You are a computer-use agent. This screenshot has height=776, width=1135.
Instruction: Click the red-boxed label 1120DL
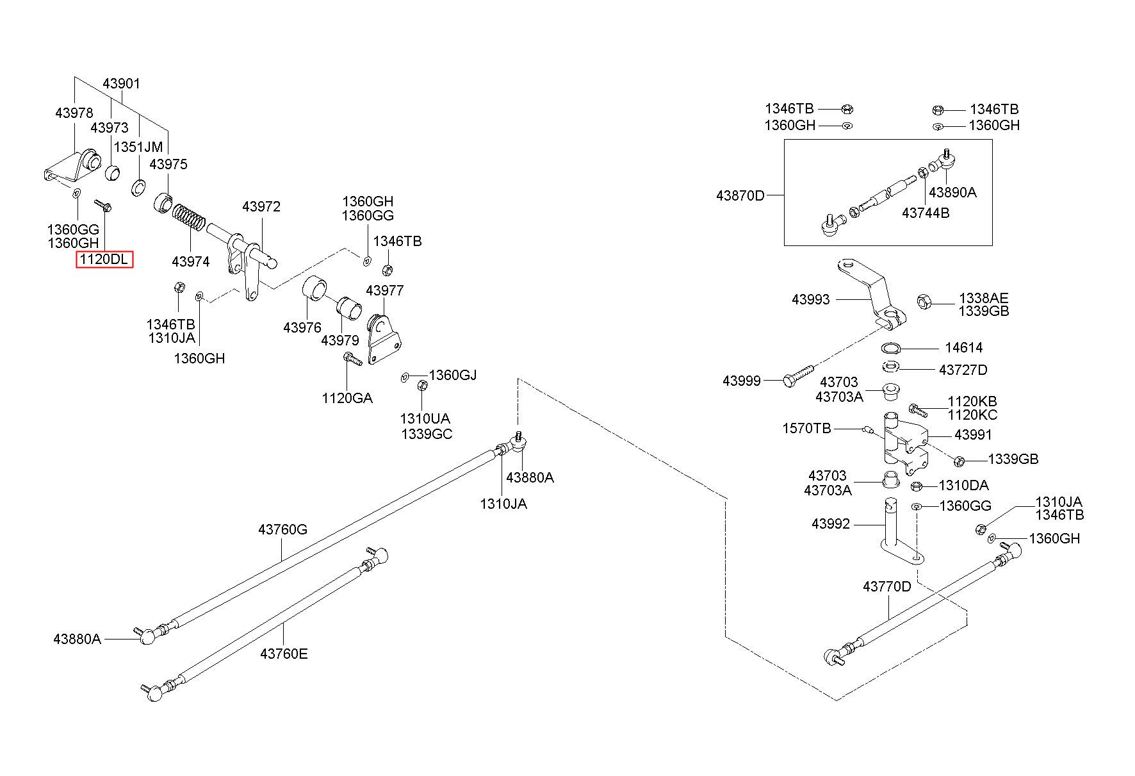(x=104, y=260)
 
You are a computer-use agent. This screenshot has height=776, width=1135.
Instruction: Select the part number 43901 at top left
(x=122, y=84)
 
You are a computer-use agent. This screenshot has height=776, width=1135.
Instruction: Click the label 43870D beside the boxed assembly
(x=740, y=195)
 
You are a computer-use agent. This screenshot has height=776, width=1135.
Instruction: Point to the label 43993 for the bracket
(x=811, y=299)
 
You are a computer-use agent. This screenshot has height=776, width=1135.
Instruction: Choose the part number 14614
(x=964, y=348)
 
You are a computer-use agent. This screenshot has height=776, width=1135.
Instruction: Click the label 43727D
(x=963, y=370)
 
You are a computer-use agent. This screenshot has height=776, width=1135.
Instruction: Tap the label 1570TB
(x=806, y=428)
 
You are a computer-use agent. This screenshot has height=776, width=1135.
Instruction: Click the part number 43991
(x=973, y=434)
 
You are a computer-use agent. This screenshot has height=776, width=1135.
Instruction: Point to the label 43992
(x=831, y=524)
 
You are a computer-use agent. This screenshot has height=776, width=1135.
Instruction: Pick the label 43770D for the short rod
(x=887, y=586)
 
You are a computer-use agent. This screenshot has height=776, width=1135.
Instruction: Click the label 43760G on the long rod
(x=283, y=529)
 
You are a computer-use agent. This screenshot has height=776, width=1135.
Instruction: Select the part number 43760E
(x=284, y=654)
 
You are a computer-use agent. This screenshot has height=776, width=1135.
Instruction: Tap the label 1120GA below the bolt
(x=347, y=398)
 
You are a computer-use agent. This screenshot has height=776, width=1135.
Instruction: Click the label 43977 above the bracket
(x=385, y=291)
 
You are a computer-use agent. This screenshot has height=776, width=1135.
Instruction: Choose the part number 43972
(x=261, y=207)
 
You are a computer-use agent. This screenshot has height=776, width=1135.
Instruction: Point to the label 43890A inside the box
(x=953, y=192)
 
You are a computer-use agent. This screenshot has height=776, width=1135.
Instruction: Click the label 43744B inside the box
(x=926, y=213)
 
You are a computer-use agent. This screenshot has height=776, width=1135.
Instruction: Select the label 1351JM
(x=138, y=147)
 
